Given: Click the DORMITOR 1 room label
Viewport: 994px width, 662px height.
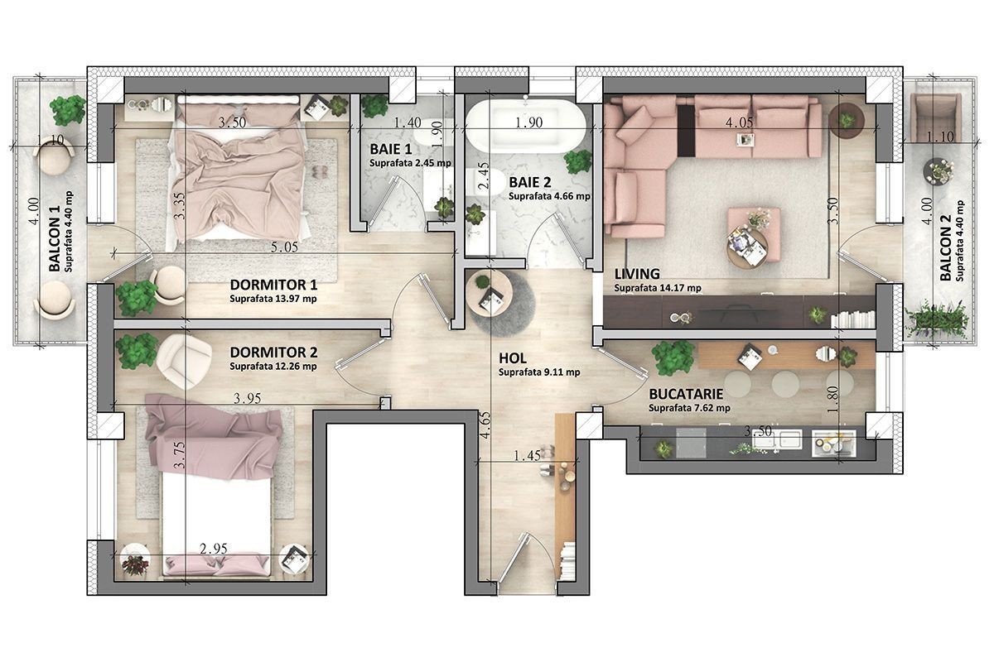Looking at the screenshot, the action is point(273,284).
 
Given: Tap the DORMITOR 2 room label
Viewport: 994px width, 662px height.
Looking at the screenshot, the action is point(273,353).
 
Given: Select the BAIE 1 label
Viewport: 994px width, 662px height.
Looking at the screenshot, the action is point(390,149).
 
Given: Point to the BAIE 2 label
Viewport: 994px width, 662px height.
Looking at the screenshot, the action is point(530,182).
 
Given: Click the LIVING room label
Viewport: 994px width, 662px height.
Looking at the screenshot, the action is point(637,274).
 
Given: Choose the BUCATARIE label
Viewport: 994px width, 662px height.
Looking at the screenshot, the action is point(686,394).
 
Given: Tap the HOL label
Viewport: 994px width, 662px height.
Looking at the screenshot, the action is point(513,357).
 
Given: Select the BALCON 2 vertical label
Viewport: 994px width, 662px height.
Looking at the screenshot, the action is point(945,247).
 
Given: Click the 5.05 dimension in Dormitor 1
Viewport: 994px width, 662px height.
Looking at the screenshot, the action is point(284,247).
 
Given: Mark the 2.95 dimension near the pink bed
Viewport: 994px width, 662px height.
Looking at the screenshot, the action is point(214,549).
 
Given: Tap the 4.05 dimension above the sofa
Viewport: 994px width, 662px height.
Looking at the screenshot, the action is point(739,122).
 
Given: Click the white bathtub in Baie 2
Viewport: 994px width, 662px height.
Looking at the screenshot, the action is point(525,122).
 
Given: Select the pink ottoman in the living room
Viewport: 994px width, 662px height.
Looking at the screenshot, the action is point(754,233).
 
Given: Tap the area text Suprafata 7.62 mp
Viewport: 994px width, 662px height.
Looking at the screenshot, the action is point(689,408).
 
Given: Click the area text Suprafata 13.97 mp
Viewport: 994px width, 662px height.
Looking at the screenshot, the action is point(273,299).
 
